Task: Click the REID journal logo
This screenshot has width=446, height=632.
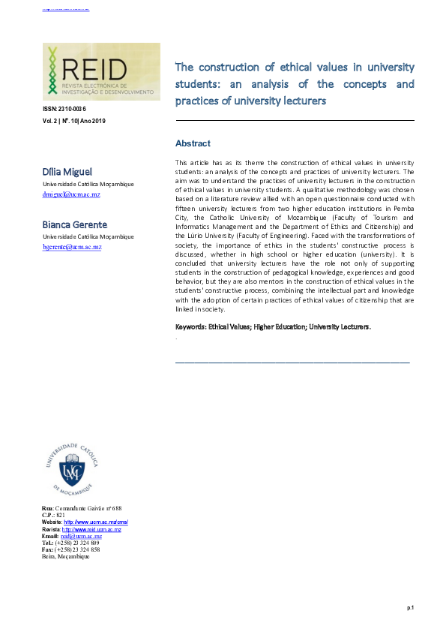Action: tap(101, 73)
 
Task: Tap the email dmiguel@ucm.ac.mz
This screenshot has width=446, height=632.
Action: tap(71, 194)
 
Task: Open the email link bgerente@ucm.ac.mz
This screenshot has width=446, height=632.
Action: tap(72, 246)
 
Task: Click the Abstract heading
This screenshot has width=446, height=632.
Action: tap(193, 143)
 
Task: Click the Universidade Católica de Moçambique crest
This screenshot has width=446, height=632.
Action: tap(72, 471)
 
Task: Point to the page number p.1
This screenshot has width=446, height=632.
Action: tap(411, 606)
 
